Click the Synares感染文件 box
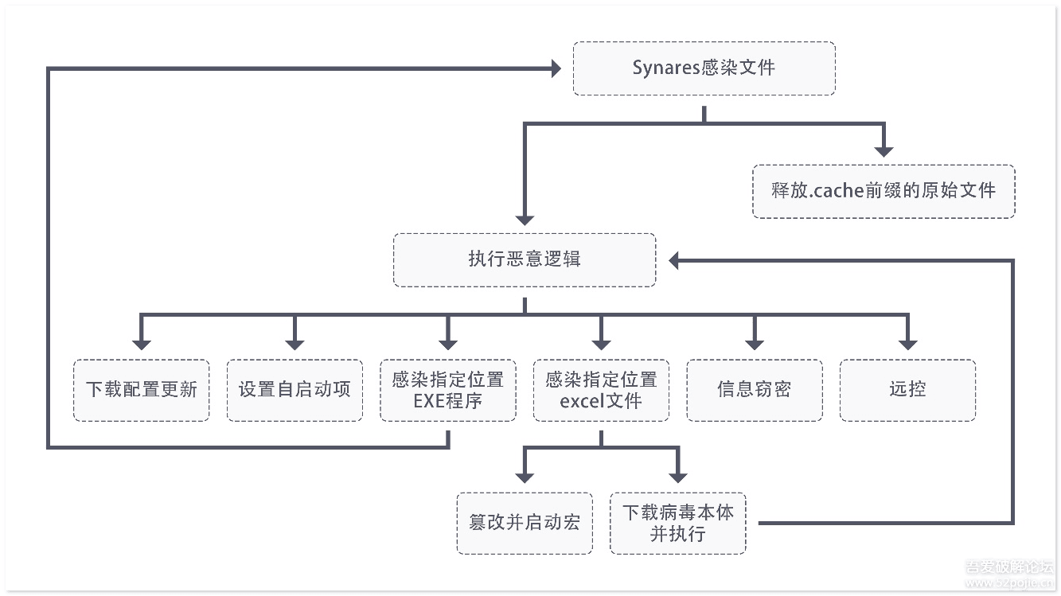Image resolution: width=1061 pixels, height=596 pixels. tap(704, 68)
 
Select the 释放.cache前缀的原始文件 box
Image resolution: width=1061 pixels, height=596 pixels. tap(884, 191)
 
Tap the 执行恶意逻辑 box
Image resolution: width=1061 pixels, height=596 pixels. tap(525, 260)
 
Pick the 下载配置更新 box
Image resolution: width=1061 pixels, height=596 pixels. tap(141, 390)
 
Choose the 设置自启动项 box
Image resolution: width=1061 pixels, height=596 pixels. tap(295, 390)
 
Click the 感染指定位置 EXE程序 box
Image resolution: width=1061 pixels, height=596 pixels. tap(448, 390)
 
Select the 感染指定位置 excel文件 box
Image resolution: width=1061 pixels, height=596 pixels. tap(601, 390)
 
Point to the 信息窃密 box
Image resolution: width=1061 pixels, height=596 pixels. tap(755, 390)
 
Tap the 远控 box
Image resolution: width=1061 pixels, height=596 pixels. tap(907, 390)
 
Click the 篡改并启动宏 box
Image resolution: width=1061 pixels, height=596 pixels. tap(525, 523)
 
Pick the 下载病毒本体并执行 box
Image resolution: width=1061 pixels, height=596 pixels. tap(678, 523)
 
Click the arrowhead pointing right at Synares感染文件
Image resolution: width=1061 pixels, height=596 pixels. tap(556, 68)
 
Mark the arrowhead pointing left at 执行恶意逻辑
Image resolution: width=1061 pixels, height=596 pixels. tap(673, 260)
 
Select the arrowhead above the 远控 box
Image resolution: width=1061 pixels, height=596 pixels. tap(907, 345)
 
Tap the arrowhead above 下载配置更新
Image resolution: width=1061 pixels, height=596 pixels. tap(141, 345)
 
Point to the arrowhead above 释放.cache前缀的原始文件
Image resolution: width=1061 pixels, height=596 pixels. tap(884, 152)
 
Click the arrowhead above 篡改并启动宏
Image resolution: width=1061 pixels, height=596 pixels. tap(525, 478)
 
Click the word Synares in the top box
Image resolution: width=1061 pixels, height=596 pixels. tap(666, 68)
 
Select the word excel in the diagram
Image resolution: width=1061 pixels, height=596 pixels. tap(582, 401)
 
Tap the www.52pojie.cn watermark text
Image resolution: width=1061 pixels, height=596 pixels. tap(1009, 582)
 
